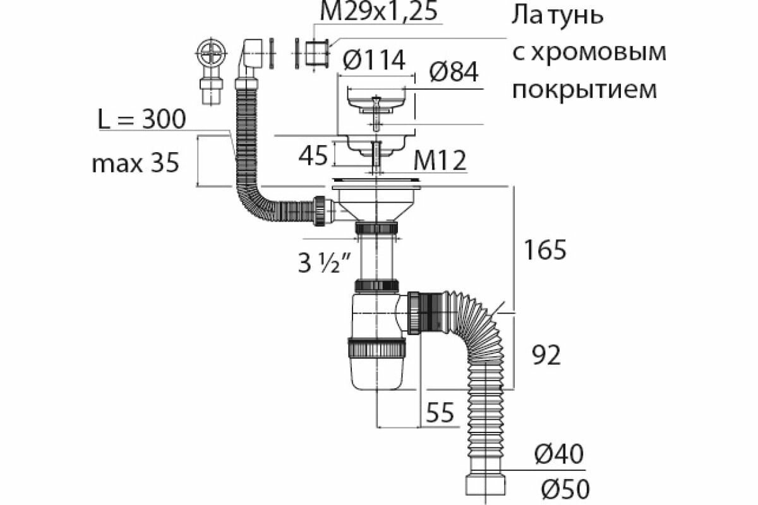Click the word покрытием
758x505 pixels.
tap(584, 90)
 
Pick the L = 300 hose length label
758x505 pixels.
tap(141, 119)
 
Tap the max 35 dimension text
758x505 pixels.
tap(135, 164)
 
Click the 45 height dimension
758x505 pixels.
tap(313, 155)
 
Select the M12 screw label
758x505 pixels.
tap(440, 162)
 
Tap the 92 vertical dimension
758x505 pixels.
tap(544, 355)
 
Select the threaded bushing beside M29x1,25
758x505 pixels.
tap(315, 54)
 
